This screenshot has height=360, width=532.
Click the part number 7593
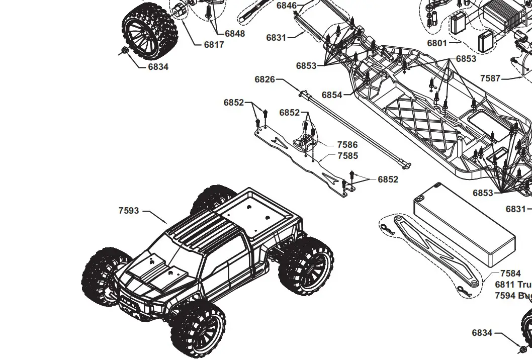coord(129,211)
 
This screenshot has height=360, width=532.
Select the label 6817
coord(214,44)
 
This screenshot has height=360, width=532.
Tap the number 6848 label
coord(235,34)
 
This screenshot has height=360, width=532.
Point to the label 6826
coord(264,79)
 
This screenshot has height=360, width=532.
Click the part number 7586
coord(347,145)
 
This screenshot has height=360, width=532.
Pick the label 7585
coord(347,156)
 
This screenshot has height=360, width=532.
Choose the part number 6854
coord(332,95)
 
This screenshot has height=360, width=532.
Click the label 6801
coord(437,43)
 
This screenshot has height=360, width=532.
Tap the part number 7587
coord(490,78)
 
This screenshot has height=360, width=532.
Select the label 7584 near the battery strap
coord(510,274)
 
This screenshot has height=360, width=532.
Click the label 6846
coord(286,6)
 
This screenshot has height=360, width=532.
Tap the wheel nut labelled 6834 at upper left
coord(124,50)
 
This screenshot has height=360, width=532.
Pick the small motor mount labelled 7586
coord(305,139)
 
